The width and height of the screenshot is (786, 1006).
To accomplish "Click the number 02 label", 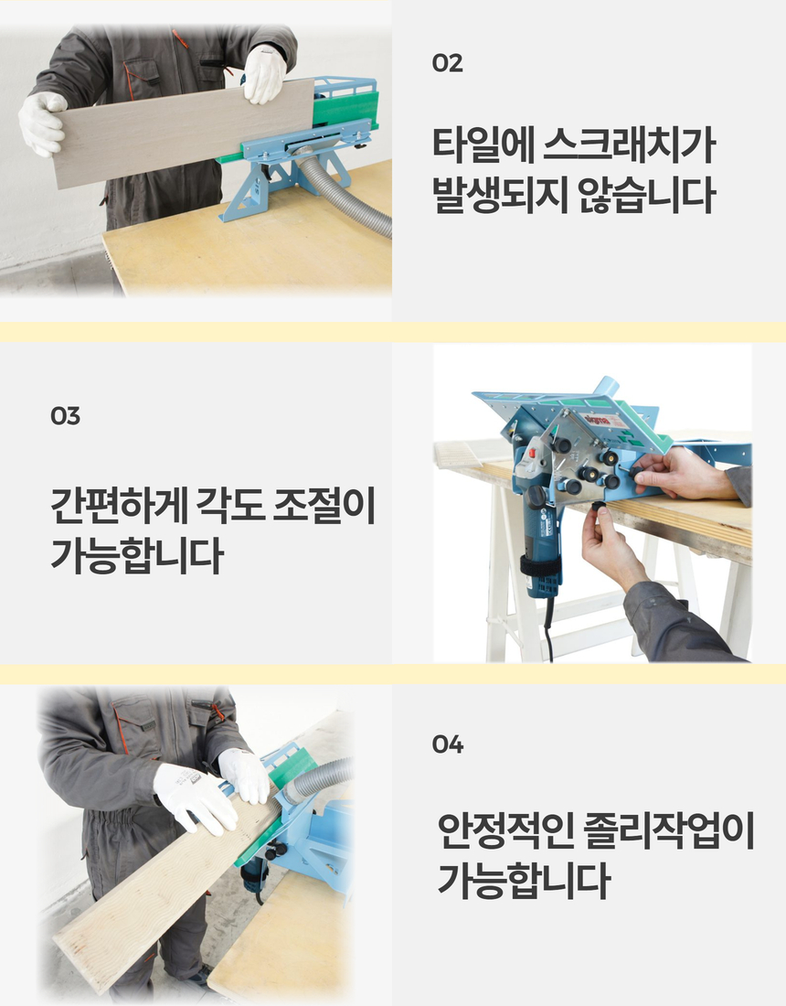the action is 447,63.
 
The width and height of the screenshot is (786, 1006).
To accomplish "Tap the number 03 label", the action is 66,416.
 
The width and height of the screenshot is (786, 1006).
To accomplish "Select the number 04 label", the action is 448,744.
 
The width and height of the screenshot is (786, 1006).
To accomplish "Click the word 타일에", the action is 483,144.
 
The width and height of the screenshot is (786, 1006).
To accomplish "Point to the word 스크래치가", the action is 630,144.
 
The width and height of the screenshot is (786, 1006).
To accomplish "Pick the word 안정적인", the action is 505,830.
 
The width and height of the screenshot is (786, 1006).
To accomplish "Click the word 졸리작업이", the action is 669,830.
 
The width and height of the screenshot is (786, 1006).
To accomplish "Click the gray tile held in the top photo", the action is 183,133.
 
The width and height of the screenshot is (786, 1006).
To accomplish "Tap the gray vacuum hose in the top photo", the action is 346,192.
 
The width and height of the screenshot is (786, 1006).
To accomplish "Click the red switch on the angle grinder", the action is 532,454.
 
